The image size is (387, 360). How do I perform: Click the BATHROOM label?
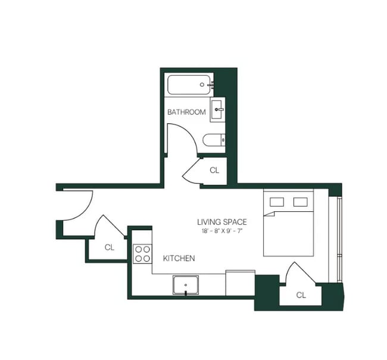pyautogui.click(x=186, y=112)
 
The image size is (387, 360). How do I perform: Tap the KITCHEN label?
pyautogui.click(x=179, y=258)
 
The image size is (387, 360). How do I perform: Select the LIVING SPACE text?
pyautogui.click(x=222, y=222)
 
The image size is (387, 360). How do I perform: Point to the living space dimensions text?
pyautogui.click(x=222, y=231)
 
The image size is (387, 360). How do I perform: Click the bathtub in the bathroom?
pyautogui.click(x=189, y=84)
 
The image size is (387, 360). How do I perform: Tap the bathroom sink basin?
pyautogui.click(x=217, y=109)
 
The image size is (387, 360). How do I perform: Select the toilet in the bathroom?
pyautogui.click(x=214, y=140)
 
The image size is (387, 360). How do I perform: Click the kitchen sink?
pyautogui.click(x=186, y=285)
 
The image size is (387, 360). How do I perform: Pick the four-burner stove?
pyautogui.click(x=142, y=253)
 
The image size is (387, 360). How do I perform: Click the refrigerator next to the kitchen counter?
pyautogui.click(x=240, y=283)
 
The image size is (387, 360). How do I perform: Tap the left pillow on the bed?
pyautogui.click(x=277, y=202)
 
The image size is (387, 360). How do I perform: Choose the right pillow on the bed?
pyautogui.click(x=300, y=202)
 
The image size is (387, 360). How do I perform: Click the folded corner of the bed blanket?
pyautogui.click(x=270, y=214)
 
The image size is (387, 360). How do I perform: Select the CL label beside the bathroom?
pyautogui.click(x=214, y=170)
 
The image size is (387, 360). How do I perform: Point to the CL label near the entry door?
pyautogui.click(x=110, y=247)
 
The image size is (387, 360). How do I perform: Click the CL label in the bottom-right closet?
pyautogui.click(x=301, y=295)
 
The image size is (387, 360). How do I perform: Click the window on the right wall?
pyautogui.click(x=339, y=239)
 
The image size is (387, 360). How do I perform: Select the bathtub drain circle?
pyautogui.click(x=202, y=84)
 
